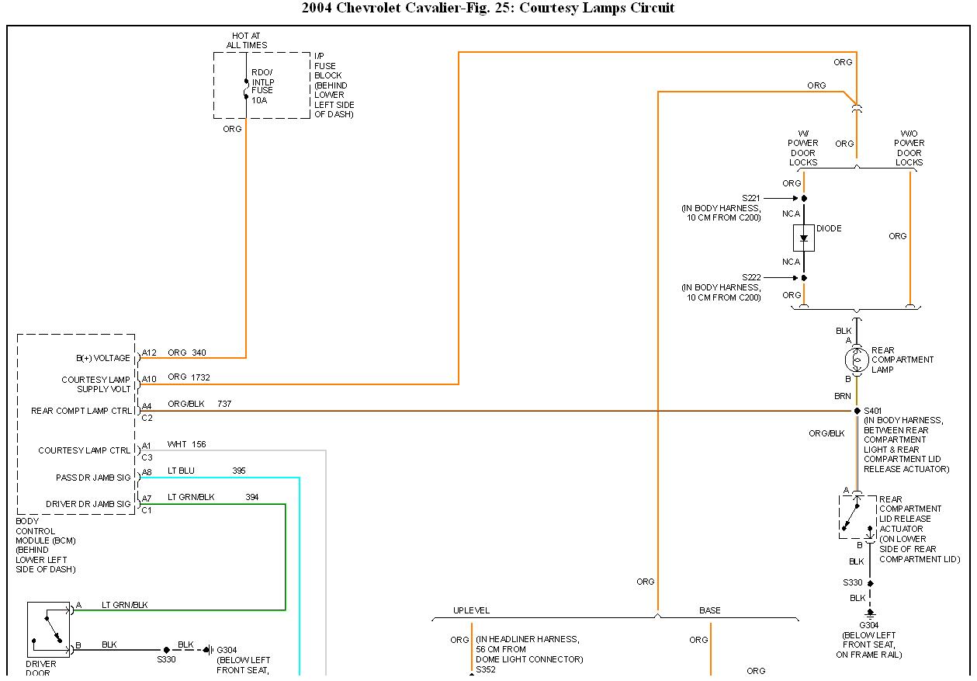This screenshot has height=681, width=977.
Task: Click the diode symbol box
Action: [804, 238]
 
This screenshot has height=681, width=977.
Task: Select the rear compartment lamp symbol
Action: [857, 359]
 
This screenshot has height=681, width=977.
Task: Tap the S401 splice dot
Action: [857, 411]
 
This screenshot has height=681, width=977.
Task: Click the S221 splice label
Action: [751, 198]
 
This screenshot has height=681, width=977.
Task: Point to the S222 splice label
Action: [751, 277]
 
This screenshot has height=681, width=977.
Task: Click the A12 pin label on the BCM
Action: [149, 353]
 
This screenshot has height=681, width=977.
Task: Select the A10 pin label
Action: [149, 378]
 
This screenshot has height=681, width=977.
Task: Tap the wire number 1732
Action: [200, 377]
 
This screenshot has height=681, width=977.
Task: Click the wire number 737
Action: [224, 404]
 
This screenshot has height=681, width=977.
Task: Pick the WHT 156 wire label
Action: [186, 445]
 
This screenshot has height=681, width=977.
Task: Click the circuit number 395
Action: [239, 471]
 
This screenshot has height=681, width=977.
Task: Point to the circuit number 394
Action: [252, 497]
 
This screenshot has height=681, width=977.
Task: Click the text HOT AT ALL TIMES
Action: [247, 40]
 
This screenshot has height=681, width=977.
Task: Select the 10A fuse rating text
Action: [258, 100]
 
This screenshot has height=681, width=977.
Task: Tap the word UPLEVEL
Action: [472, 610]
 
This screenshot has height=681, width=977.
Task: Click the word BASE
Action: [710, 610]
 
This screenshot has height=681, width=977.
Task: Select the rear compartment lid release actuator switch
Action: [857, 516]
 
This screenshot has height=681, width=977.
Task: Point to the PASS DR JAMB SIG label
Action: [93, 478]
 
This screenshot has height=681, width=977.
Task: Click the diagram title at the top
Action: [488, 9]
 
